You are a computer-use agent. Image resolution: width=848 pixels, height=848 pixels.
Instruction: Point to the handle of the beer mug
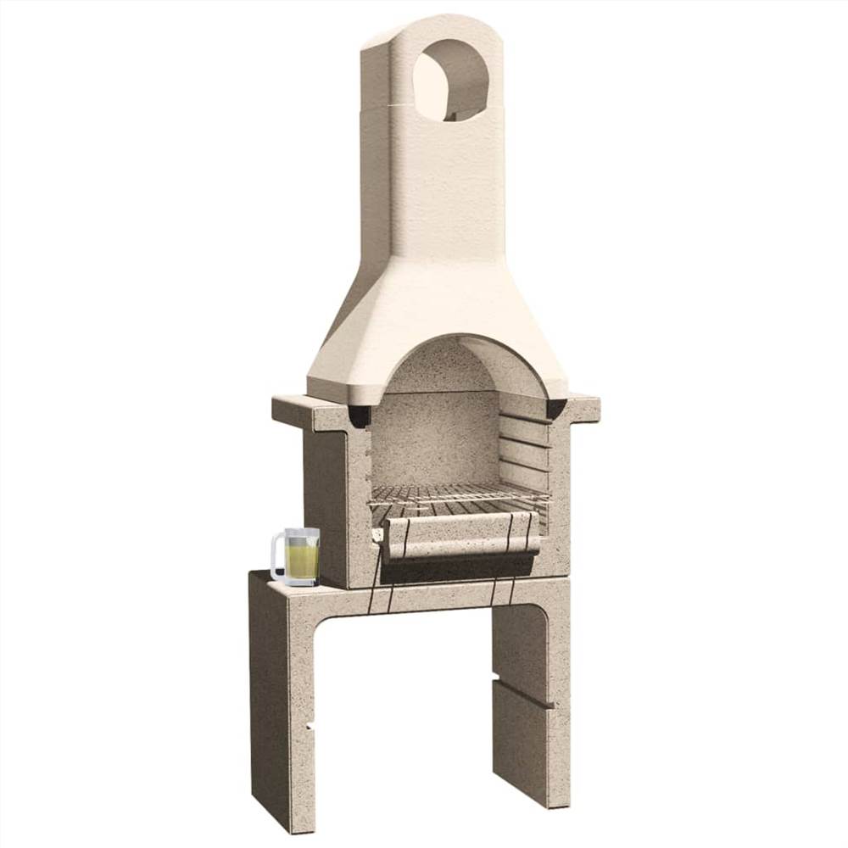click(276, 557)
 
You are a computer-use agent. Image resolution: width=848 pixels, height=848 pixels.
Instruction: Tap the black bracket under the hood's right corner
click(556, 409)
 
